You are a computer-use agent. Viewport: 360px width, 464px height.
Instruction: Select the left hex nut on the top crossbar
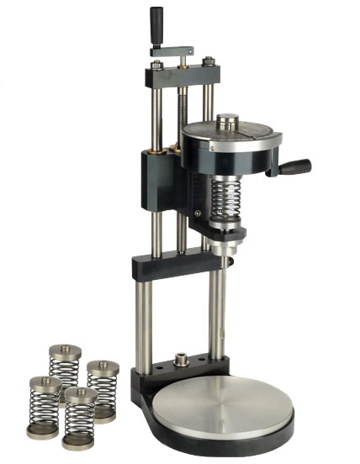click(x=156, y=65)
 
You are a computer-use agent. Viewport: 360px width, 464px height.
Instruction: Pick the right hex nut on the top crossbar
click(x=207, y=61)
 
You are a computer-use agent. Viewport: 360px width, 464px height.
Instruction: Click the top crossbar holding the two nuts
click(x=181, y=76)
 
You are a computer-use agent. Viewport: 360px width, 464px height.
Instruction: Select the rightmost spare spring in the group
click(x=103, y=387)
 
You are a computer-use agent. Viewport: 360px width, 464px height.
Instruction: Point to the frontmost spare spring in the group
click(x=79, y=417)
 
